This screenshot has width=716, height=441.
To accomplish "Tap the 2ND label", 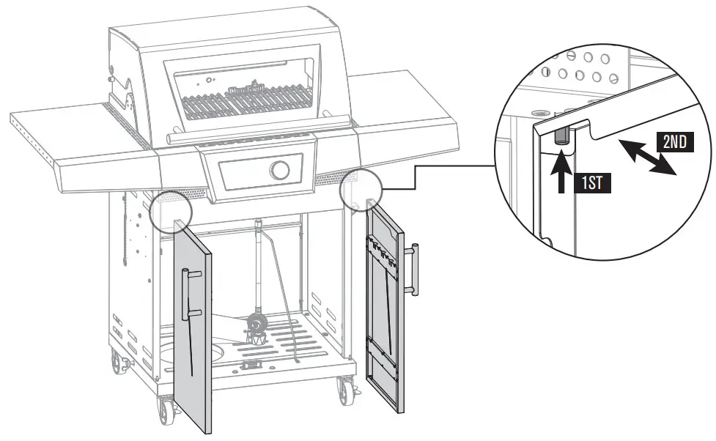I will [674, 142].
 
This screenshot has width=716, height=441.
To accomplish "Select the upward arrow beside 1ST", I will [561, 171].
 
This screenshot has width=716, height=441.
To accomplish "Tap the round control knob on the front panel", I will [279, 170].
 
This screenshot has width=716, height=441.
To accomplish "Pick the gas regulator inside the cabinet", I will [256, 326].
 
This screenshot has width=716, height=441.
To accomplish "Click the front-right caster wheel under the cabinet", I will [344, 391].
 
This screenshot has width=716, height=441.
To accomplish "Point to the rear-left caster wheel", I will [117, 360].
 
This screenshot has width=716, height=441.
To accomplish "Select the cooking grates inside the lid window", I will [242, 101].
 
